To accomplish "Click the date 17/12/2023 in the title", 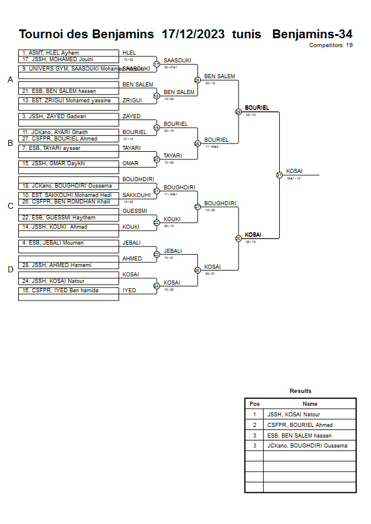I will (x=193, y=34).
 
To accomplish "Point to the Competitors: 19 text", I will (x=331, y=45).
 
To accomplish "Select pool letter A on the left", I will (x=10, y=79).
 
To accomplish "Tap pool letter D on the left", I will (x=10, y=269).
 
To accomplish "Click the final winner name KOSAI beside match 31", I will (x=294, y=171).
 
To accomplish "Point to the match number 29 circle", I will (x=238, y=111).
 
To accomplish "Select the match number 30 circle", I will (x=238, y=238).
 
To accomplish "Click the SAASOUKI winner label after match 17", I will (x=177, y=61).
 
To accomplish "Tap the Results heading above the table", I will (x=300, y=391).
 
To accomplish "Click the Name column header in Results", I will (x=310, y=404).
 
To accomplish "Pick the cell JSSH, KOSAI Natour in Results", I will (x=293, y=415).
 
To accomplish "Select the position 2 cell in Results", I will (x=254, y=425).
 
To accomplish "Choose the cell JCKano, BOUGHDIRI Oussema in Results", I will (x=307, y=446).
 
